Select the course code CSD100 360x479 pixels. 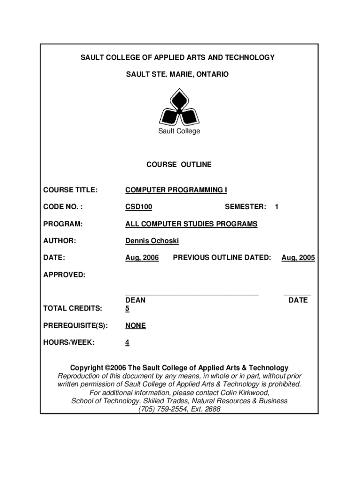pyautogui.click(x=138, y=207)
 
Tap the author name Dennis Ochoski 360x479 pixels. pyautogui.click(x=152, y=241)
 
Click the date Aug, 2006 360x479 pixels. pyautogui.click(x=142, y=258)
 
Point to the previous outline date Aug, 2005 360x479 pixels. pyautogui.click(x=298, y=258)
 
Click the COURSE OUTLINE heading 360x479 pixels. pyautogui.click(x=179, y=165)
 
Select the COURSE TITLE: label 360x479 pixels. pyautogui.click(x=71, y=190)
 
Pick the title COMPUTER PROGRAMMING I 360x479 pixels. pyautogui.click(x=176, y=190)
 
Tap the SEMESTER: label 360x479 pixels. pyautogui.click(x=245, y=207)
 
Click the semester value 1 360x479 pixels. pyautogui.click(x=277, y=207)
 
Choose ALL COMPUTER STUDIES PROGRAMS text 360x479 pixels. pyautogui.click(x=191, y=224)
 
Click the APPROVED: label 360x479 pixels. pyautogui.click(x=65, y=275)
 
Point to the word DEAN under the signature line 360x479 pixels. pyautogui.click(x=135, y=300)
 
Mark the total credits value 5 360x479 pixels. pyautogui.click(x=127, y=309)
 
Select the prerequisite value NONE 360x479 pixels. pyautogui.click(x=136, y=326)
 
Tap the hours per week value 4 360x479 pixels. pyautogui.click(x=127, y=343)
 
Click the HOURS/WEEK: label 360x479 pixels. pyautogui.click(x=69, y=343)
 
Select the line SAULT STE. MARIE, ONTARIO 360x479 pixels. pyautogui.click(x=178, y=74)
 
